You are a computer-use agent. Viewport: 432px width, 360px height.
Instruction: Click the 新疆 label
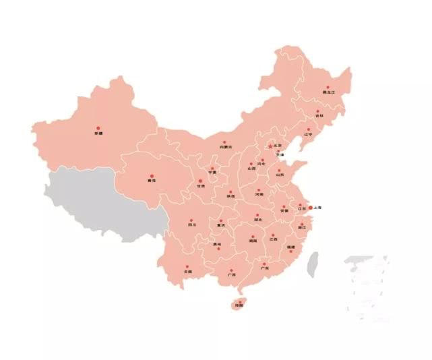click(99, 133)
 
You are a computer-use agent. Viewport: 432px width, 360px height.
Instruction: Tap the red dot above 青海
click(150, 176)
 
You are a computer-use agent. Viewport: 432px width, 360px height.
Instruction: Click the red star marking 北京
click(270, 146)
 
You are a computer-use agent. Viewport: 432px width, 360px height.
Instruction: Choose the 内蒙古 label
click(225, 147)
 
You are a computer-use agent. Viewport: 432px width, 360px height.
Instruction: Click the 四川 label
click(192, 225)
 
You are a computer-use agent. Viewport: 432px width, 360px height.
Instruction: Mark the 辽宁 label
click(309, 134)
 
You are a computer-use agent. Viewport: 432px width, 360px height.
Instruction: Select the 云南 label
click(187, 272)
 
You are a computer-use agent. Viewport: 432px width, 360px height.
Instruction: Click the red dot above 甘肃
click(199, 181)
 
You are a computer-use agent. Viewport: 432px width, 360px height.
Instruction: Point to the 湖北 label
click(258, 220)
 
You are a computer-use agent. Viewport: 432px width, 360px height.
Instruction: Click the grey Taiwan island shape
click(313, 265)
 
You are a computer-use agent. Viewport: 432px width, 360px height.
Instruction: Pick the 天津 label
click(280, 155)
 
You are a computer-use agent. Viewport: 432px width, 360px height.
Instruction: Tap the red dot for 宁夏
click(212, 169)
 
